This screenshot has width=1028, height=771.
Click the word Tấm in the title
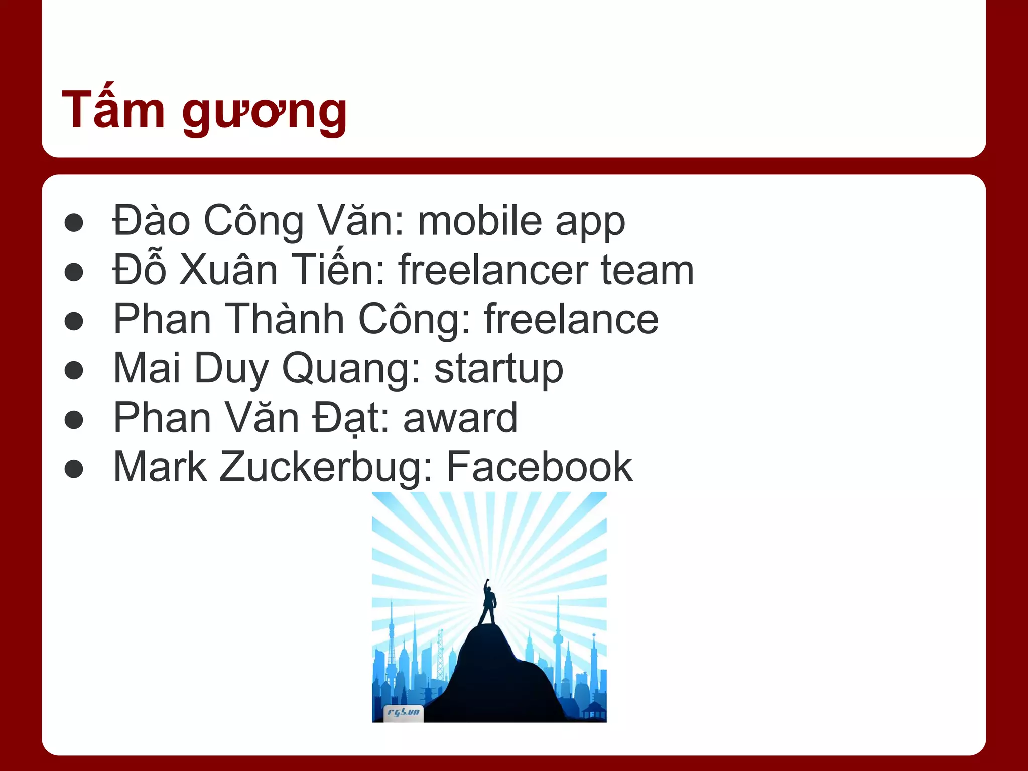(x=113, y=109)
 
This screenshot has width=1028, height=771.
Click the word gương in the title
(x=265, y=113)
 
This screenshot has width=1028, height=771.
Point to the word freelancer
(x=493, y=270)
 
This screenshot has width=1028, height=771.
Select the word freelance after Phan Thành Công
(x=571, y=319)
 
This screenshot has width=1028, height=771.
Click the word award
(x=460, y=418)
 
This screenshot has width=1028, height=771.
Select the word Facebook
(x=540, y=467)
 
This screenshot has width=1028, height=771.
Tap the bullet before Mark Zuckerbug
(x=74, y=469)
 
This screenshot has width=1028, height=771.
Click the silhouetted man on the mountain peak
(x=488, y=602)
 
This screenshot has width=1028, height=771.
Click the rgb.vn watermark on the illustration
(x=404, y=713)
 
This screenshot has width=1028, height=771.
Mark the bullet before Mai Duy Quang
(x=74, y=371)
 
